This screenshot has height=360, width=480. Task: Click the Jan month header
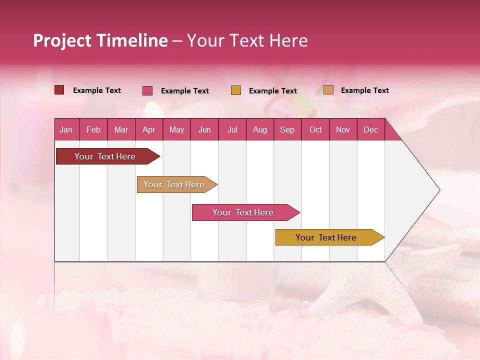(66, 129)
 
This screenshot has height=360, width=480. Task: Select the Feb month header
(93, 129)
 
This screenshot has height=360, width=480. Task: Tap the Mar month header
(121, 129)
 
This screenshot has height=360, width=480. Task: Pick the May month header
(176, 129)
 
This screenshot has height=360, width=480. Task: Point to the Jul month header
(232, 129)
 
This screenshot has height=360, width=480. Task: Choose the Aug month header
(259, 129)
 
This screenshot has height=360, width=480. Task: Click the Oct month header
(315, 129)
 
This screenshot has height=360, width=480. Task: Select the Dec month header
(370, 129)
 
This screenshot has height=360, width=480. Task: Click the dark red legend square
(59, 90)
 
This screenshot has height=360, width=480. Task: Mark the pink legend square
(147, 90)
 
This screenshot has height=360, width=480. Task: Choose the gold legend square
(236, 90)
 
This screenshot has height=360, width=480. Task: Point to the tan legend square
(328, 90)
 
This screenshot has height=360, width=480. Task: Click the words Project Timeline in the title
(100, 40)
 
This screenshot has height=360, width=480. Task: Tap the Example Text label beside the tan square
(364, 90)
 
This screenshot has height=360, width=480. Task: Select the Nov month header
(343, 129)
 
